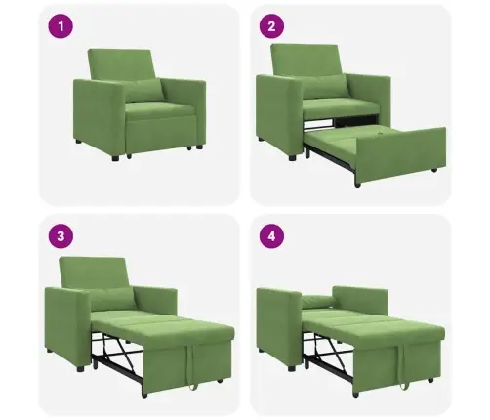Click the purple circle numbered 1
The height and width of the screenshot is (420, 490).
61,26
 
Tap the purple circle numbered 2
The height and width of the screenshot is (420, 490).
271,26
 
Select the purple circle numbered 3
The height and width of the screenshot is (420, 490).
61,236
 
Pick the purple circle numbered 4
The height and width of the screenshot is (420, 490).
271,236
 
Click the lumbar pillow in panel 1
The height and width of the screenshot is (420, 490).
143,90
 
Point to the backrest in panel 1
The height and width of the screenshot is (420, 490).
120,65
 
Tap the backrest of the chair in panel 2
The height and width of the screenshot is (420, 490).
306,61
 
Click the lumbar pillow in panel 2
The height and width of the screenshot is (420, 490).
325,86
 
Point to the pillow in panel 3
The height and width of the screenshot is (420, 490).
112,299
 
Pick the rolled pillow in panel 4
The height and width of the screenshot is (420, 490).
318,301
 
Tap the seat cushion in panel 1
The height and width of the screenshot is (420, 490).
159,109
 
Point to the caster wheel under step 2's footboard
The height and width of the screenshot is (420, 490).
358,185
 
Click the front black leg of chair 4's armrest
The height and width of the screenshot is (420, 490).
292,368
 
